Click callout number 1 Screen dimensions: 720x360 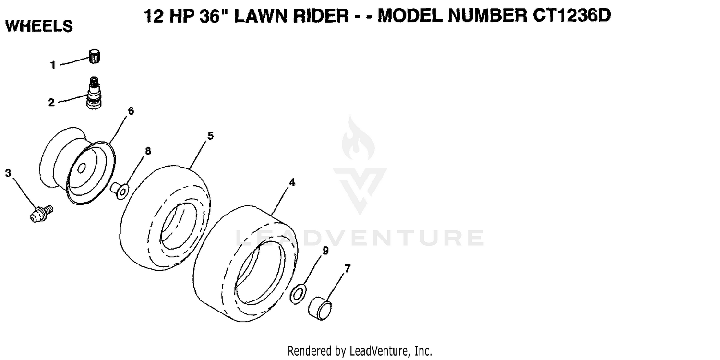point(53,65)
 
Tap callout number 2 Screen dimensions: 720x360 point(51,103)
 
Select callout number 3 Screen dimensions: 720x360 point(8,173)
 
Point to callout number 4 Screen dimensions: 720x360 point(292,182)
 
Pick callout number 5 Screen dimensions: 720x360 point(211,136)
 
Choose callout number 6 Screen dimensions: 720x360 point(131,111)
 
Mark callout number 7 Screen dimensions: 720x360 point(348,268)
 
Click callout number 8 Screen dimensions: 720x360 point(148,151)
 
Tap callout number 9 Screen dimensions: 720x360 point(325,251)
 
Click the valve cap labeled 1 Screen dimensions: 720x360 point(94,56)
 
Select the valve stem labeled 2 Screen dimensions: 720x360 point(94,93)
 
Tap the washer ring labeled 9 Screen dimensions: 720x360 point(298,294)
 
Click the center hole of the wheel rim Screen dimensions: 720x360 point(81,168)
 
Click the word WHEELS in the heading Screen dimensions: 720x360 point(39,26)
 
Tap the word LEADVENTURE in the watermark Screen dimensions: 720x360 point(360,238)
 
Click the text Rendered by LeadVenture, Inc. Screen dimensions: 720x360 point(360,351)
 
